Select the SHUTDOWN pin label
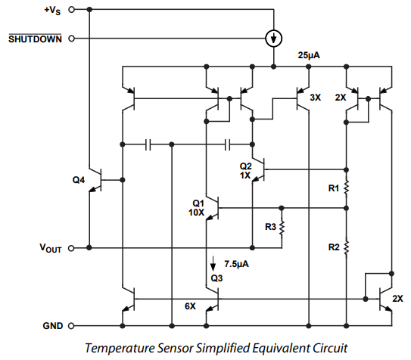pos(35,38)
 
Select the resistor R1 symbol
pos(346,186)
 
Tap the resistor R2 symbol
pos(346,246)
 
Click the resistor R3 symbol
pos(282,228)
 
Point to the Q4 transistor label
pos(79,180)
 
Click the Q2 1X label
pos(245,170)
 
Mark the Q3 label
pos(217,278)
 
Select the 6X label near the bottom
pos(190,306)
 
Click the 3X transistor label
pos(316,98)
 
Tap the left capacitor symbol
pos(149,143)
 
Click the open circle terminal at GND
pos(71,327)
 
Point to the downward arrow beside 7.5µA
pos(213,263)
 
